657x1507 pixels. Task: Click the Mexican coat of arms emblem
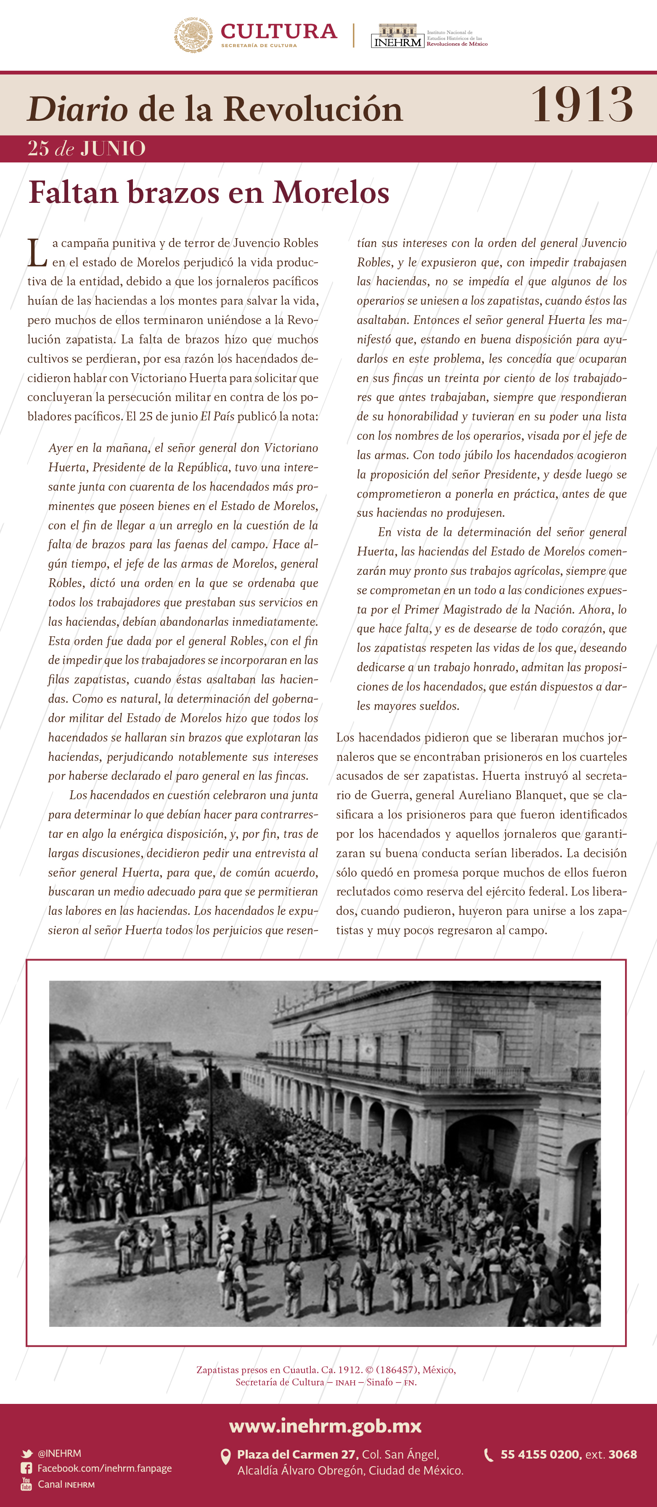pyautogui.click(x=193, y=35)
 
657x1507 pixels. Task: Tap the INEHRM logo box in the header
pyautogui.click(x=397, y=36)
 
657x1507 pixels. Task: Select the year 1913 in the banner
pyautogui.click(x=582, y=105)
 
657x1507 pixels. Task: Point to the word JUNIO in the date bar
pyautogui.click(x=113, y=149)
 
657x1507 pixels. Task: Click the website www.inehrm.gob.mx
pyautogui.click(x=325, y=1426)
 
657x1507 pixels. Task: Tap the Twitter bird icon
pyautogui.click(x=26, y=1453)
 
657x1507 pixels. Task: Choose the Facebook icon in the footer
pyautogui.click(x=26, y=1468)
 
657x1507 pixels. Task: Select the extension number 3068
pyautogui.click(x=623, y=1454)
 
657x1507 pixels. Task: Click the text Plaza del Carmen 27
pyautogui.click(x=297, y=1454)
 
